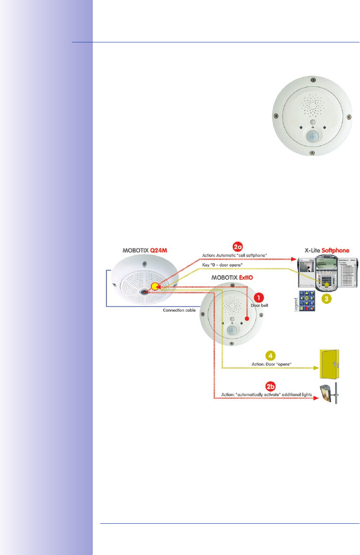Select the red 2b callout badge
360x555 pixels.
tap(271, 386)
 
